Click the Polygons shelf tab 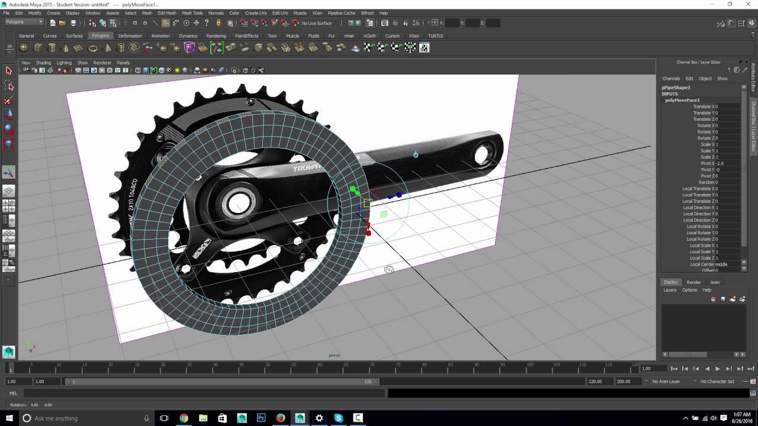tap(100, 35)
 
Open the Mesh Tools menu tap(192, 13)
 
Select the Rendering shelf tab tap(216, 35)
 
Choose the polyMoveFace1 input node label tap(682, 100)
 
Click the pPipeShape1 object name tap(676, 88)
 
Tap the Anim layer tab tap(715, 282)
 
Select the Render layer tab tap(693, 282)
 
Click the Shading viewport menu tap(43, 63)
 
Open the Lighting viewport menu tap(64, 63)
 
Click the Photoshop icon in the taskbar tap(261, 418)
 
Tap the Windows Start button tap(9, 418)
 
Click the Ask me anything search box tap(77, 418)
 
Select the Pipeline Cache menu tap(341, 13)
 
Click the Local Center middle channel tap(708, 264)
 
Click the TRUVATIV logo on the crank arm tap(307, 168)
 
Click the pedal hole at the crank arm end tap(481, 155)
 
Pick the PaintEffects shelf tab tap(246, 35)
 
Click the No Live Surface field tap(317, 23)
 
